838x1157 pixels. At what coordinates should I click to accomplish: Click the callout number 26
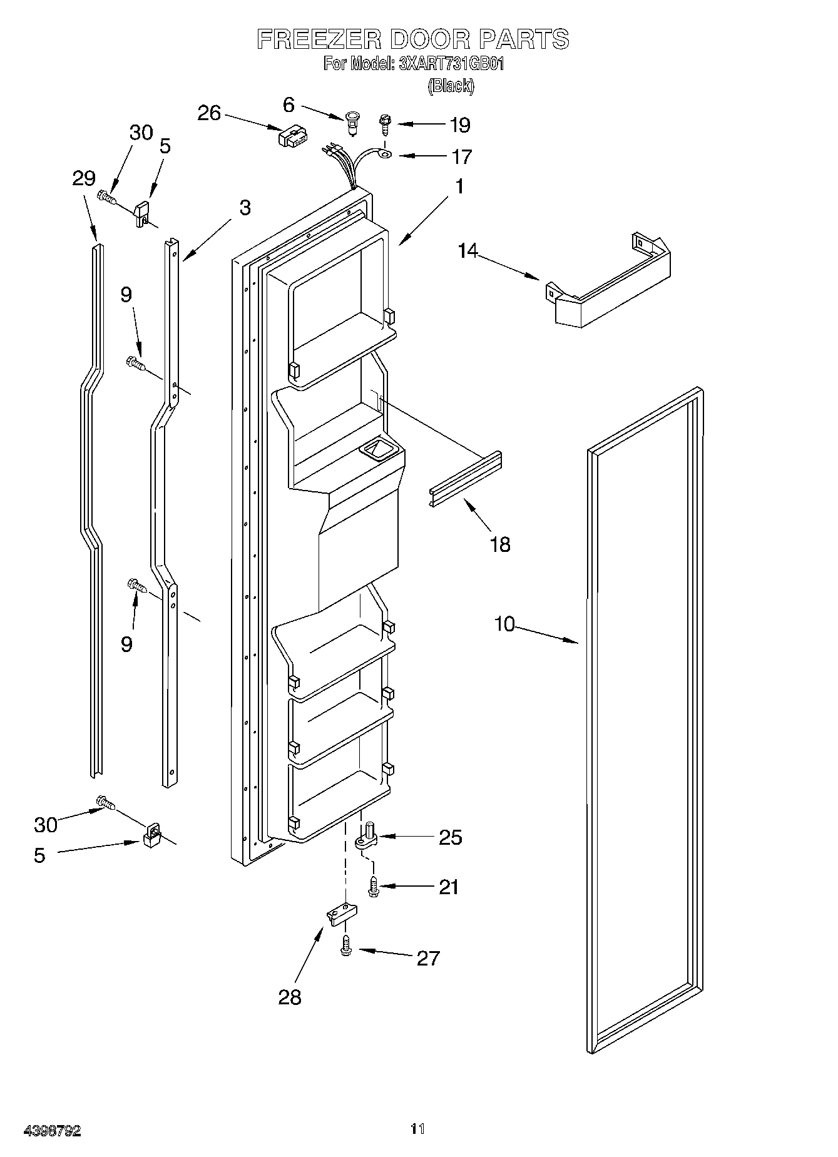click(209, 113)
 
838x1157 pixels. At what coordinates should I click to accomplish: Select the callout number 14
click(468, 251)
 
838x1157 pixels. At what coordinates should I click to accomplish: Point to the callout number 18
click(500, 544)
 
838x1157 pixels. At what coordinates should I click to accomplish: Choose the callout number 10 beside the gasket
click(504, 624)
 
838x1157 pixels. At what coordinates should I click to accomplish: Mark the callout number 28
click(290, 997)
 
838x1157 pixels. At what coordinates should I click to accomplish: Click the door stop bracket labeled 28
click(340, 914)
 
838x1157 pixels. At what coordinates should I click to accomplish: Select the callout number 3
click(245, 208)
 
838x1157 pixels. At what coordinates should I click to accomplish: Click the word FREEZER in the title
click(319, 39)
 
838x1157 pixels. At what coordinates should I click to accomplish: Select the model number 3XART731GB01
click(451, 64)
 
